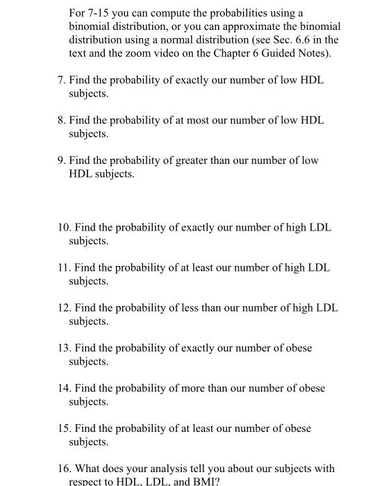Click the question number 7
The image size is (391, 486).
[61, 81]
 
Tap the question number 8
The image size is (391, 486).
[61, 121]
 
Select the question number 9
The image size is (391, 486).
[61, 161]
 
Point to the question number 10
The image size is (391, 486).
[63, 228]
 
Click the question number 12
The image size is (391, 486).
[63, 308]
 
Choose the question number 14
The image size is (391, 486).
[63, 389]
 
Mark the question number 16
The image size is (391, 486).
[63, 469]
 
